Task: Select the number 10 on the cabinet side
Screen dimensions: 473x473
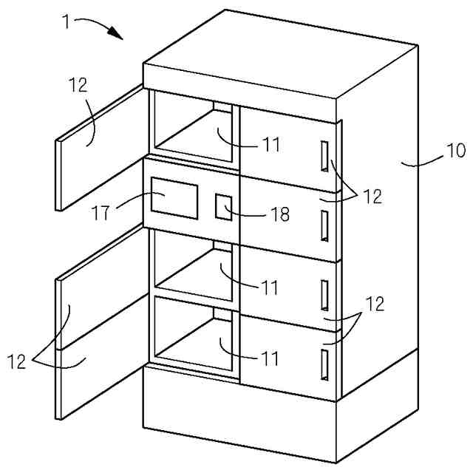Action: pyautogui.click(x=455, y=151)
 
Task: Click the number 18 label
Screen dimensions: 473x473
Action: pyautogui.click(x=279, y=214)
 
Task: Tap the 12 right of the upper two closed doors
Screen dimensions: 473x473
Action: pyautogui.click(x=373, y=197)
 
